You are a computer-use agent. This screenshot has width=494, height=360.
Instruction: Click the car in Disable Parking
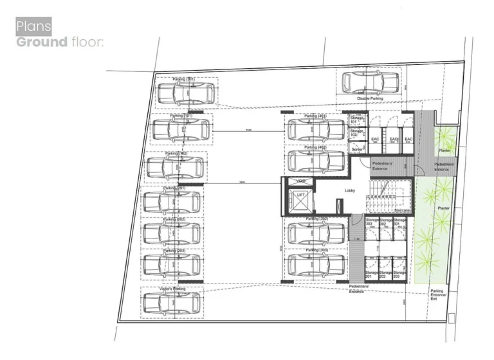coord(370,82)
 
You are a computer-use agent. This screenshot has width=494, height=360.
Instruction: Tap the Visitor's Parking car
coord(172,304)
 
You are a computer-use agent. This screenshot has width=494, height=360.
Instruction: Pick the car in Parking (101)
coord(181,130)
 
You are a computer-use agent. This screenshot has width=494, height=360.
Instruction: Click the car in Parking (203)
coord(172,264)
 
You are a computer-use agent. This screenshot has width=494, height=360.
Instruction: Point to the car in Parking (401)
coord(317,130)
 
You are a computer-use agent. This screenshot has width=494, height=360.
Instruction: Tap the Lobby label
coord(350,191)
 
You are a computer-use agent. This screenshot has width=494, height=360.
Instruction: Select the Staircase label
coord(402,210)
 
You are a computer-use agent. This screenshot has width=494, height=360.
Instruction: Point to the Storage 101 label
coord(357,120)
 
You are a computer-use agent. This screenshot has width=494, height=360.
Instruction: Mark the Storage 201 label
coord(372,275)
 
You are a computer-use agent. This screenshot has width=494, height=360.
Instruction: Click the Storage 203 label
coord(400,275)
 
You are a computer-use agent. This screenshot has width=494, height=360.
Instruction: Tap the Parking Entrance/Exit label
coord(437,294)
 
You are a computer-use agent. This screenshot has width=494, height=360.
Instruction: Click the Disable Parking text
coord(370,98)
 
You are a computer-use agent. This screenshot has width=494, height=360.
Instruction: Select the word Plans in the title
coord(33,26)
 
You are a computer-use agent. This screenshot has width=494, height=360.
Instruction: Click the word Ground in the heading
coord(42,42)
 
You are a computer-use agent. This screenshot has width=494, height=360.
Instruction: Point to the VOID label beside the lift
coord(300,181)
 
